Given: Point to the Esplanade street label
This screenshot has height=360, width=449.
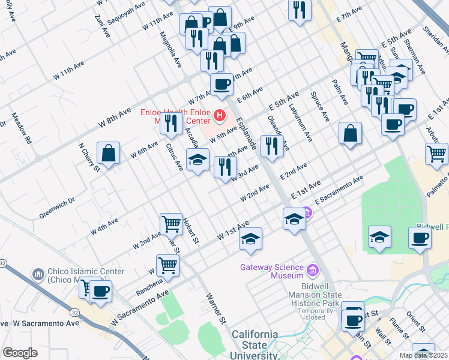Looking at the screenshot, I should coord(247,134).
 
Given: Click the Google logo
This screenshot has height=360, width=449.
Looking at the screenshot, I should coord(20,353).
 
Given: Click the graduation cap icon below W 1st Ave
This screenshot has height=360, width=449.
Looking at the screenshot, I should coord(250,238).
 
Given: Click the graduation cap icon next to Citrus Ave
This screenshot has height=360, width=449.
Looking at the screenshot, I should coord(197,160).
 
